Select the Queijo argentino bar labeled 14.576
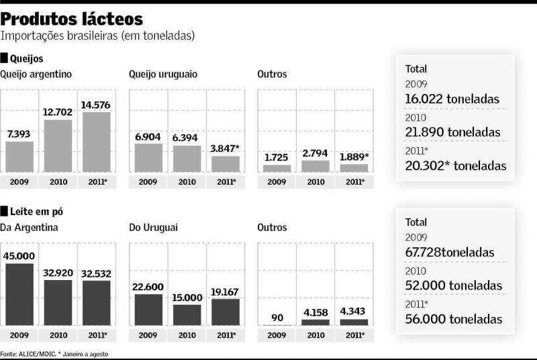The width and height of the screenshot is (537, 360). point(97,142)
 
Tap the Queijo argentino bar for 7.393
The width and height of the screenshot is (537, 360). point(19,156)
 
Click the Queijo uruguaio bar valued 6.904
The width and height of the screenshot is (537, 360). point(148,158)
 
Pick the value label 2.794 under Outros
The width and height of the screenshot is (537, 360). point(315,154)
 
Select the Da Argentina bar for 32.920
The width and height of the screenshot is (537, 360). point(58,302)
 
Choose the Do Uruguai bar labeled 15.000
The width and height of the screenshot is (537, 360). point(187,314)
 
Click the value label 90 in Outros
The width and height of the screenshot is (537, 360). point(277,316)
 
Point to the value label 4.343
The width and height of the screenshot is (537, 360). point(354,312)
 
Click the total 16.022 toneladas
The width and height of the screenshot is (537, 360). point(452,99)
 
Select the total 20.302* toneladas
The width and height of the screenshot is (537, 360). point(456,165)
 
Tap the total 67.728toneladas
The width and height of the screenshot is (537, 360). point(450,253)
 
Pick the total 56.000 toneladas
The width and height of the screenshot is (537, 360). point(454,318)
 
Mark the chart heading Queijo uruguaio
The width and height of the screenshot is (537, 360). point(163,74)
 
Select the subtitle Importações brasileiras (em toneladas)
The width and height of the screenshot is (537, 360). point(98,36)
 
